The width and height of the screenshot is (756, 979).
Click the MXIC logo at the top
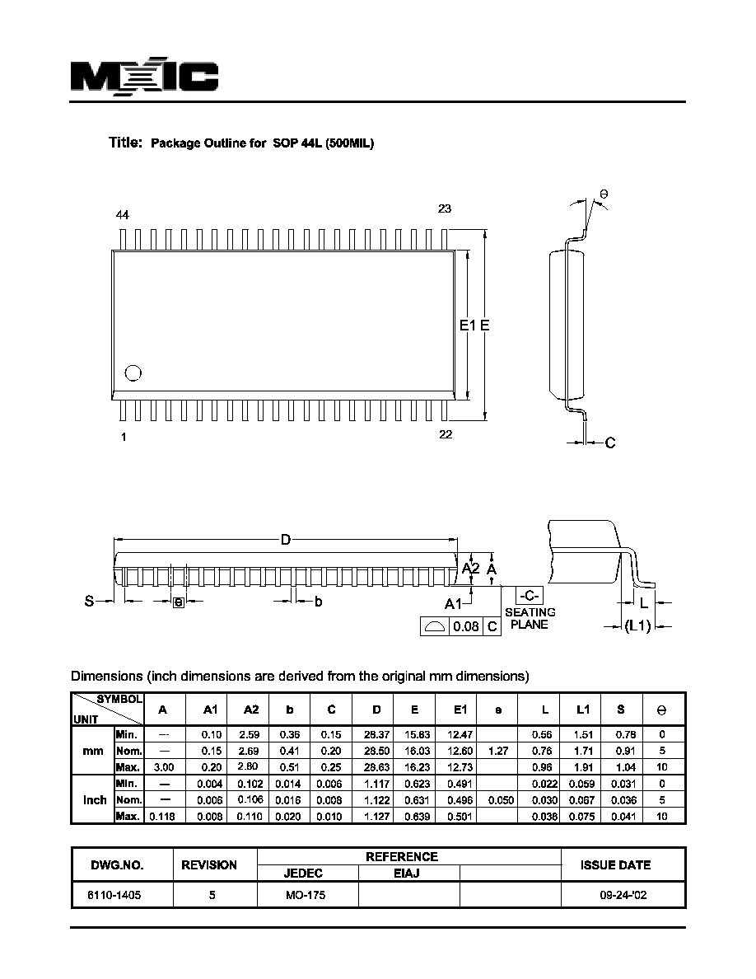(x=144, y=77)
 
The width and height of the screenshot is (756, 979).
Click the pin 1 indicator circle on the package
(x=133, y=372)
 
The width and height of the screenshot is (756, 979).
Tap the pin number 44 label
(x=122, y=215)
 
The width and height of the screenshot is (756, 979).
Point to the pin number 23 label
(x=444, y=208)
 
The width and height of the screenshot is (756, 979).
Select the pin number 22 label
(x=446, y=434)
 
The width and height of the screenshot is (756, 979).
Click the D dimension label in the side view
(x=286, y=540)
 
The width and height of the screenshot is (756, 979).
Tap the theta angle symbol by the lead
(x=604, y=194)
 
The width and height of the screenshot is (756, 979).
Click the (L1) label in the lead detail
(x=637, y=625)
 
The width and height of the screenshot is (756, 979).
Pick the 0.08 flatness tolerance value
(x=466, y=626)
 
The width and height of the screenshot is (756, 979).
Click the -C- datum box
(x=529, y=595)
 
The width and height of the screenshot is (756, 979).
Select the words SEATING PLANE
(x=530, y=618)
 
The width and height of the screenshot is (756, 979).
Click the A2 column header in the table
(x=250, y=710)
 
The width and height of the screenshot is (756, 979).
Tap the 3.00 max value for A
(x=163, y=767)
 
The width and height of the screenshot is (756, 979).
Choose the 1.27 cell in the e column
(x=498, y=751)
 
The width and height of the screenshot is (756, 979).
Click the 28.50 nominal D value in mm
(x=376, y=751)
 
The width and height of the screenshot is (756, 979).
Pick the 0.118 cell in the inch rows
(x=162, y=816)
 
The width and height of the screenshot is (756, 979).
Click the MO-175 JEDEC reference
(x=306, y=895)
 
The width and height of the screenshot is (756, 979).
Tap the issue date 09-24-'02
(x=623, y=895)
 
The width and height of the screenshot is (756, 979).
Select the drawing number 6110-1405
(x=114, y=895)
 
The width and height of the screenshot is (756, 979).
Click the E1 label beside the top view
(x=467, y=326)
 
